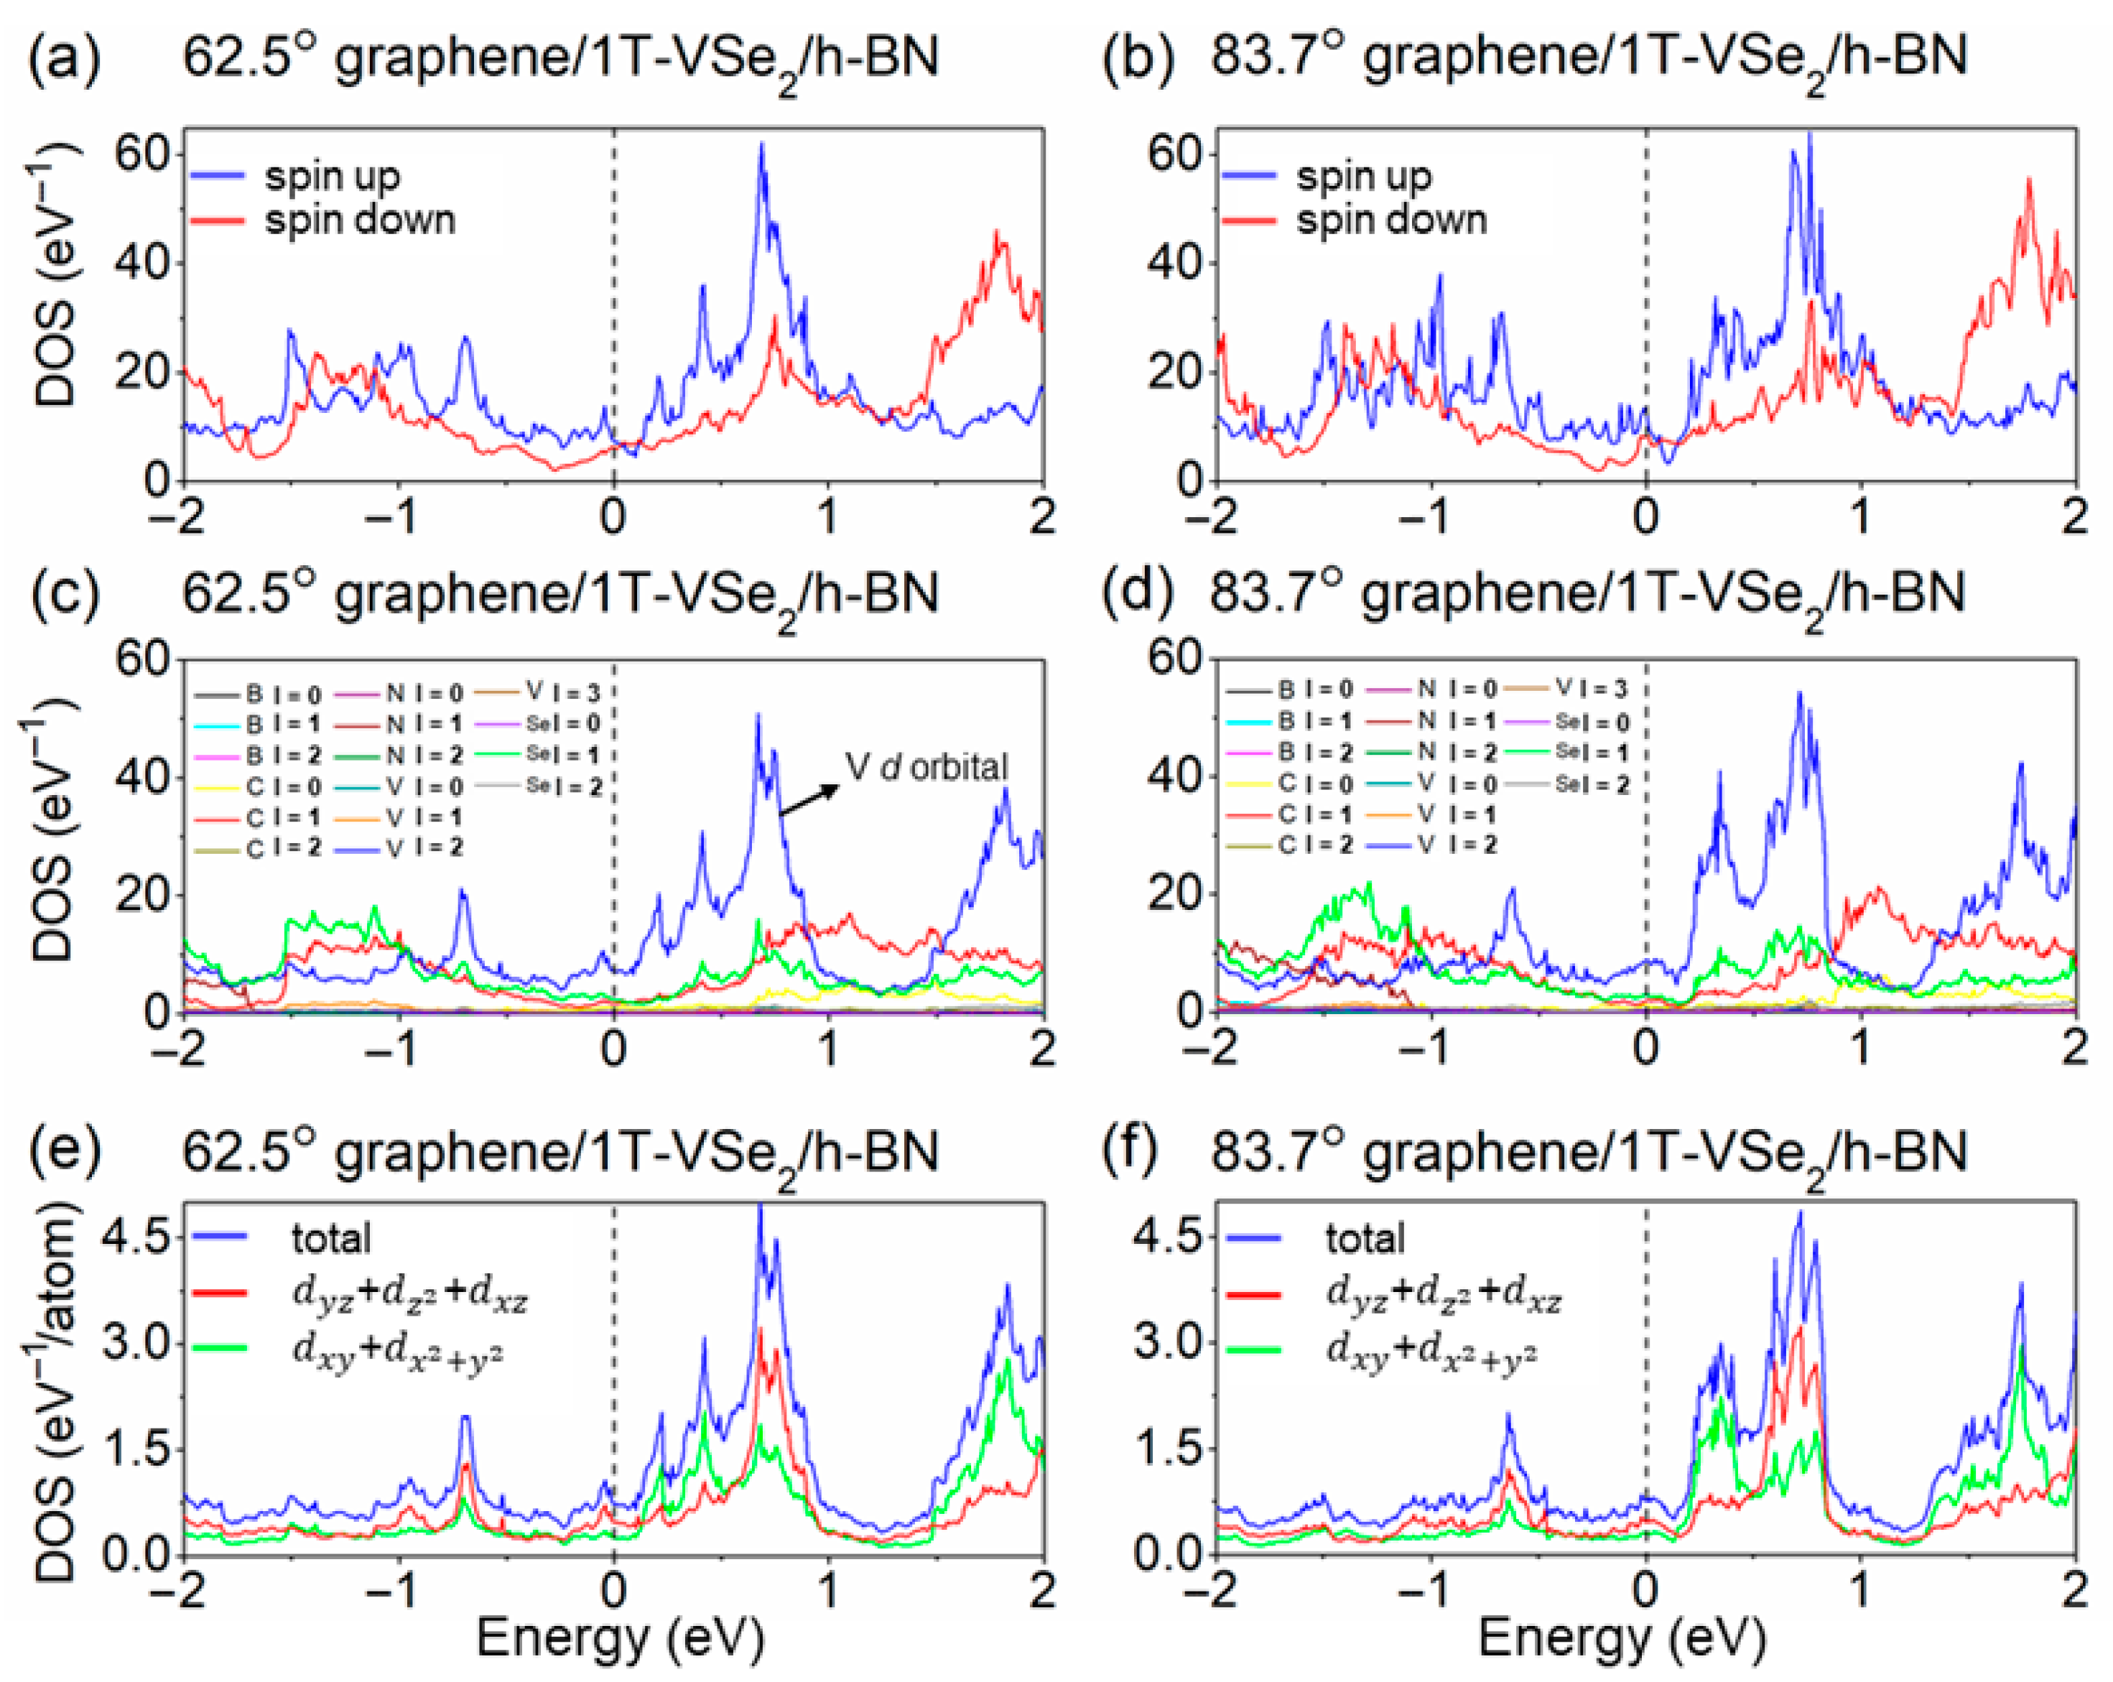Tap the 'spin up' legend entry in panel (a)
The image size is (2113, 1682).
[x=331, y=177]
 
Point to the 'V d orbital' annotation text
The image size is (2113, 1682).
[x=927, y=766]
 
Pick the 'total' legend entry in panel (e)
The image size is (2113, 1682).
[x=330, y=1238]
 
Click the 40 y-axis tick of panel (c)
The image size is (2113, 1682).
[x=142, y=776]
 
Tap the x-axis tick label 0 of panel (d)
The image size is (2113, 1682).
[x=1645, y=1048]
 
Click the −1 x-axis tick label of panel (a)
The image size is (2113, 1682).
[x=398, y=516]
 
